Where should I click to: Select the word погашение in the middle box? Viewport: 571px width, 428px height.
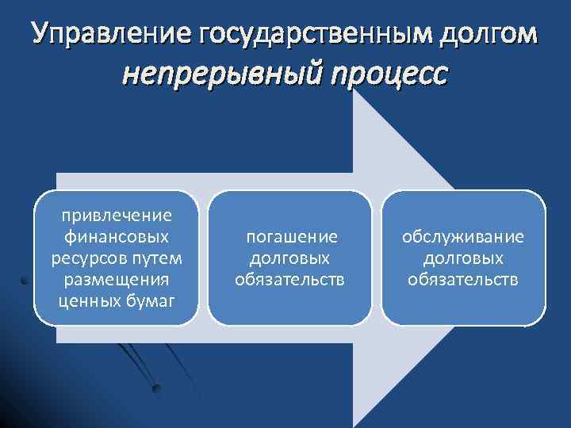point(292,236)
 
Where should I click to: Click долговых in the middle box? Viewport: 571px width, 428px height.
point(289,258)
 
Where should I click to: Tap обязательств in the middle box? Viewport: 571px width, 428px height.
point(289,279)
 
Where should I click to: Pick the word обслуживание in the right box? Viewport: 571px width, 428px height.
point(463,236)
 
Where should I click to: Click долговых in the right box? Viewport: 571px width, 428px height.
point(463,258)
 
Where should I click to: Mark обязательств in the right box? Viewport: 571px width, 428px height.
point(463,279)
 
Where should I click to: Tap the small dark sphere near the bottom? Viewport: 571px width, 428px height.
point(157,388)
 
